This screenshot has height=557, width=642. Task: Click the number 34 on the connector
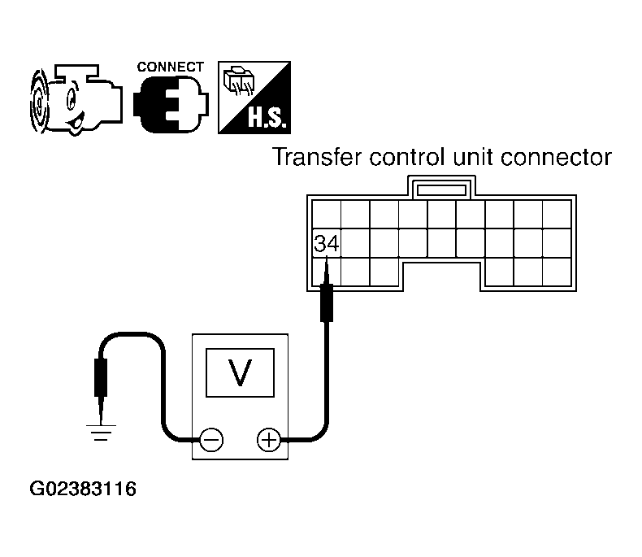click(x=327, y=243)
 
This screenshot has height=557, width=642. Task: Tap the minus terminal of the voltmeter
click(x=211, y=440)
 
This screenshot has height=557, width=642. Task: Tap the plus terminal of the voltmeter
click(x=269, y=440)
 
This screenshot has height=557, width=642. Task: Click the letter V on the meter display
click(x=240, y=372)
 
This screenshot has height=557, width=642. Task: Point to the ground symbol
click(x=101, y=433)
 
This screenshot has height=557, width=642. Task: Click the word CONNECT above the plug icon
click(x=171, y=67)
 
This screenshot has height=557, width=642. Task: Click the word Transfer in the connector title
click(x=317, y=157)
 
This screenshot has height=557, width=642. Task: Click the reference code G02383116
click(x=83, y=489)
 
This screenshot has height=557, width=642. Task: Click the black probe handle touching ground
click(x=101, y=377)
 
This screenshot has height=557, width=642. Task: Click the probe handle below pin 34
click(x=327, y=302)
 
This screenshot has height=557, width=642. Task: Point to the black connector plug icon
click(x=171, y=103)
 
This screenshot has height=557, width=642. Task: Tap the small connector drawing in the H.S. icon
click(x=239, y=81)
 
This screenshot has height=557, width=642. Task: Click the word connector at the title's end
click(x=556, y=157)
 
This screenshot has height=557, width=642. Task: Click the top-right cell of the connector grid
click(x=557, y=214)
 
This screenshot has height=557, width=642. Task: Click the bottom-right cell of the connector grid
click(x=557, y=272)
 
